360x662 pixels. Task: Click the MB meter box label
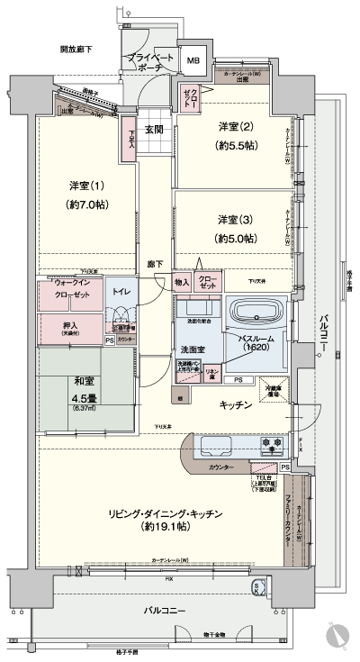[x=193, y=61]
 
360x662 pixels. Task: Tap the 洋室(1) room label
[x=87, y=186]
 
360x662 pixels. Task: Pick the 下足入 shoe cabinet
[x=132, y=141]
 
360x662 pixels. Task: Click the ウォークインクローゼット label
[x=67, y=295]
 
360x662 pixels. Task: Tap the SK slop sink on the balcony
[x=258, y=587]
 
